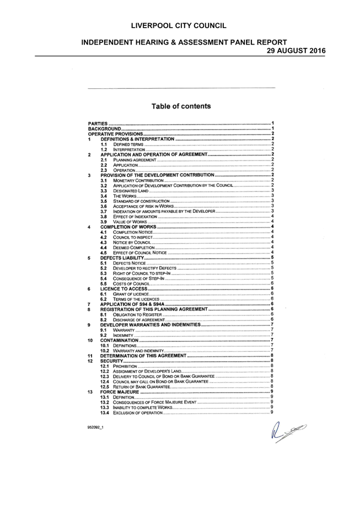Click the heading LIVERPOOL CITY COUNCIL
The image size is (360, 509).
(179, 26)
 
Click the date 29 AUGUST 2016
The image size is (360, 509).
(296, 51)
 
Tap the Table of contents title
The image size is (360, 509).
(181, 106)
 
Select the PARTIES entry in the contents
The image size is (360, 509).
(98, 124)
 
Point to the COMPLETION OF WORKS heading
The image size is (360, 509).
(128, 227)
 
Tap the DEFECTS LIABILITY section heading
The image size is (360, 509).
(122, 258)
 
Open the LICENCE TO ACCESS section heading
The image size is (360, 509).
(123, 288)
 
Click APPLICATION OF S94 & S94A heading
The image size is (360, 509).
(132, 304)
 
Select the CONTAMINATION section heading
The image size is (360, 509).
(120, 340)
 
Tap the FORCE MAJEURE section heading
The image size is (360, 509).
(120, 392)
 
